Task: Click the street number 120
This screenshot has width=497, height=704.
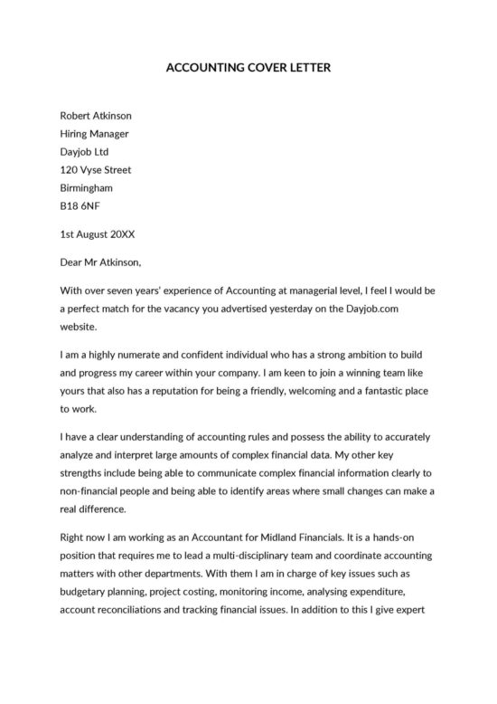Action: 69,170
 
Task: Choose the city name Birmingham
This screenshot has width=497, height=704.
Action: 86,188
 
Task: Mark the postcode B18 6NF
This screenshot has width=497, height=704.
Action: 80,206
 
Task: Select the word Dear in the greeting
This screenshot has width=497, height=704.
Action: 72,262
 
